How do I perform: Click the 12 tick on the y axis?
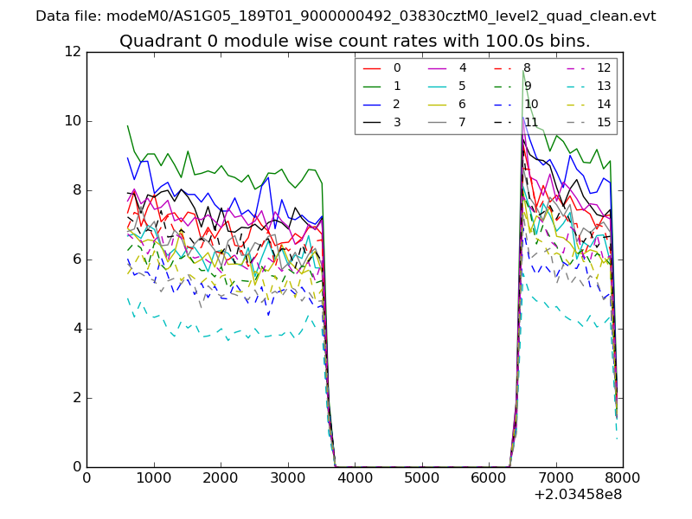pos(72,52)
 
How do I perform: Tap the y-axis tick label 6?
pos(76,259)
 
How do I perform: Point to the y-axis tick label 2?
pos(76,398)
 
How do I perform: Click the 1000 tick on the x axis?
pos(153,477)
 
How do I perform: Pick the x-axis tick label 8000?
pos(622,477)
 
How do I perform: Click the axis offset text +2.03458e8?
pos(578,495)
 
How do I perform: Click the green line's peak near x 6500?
pos(522,72)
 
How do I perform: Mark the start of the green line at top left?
pos(127,125)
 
